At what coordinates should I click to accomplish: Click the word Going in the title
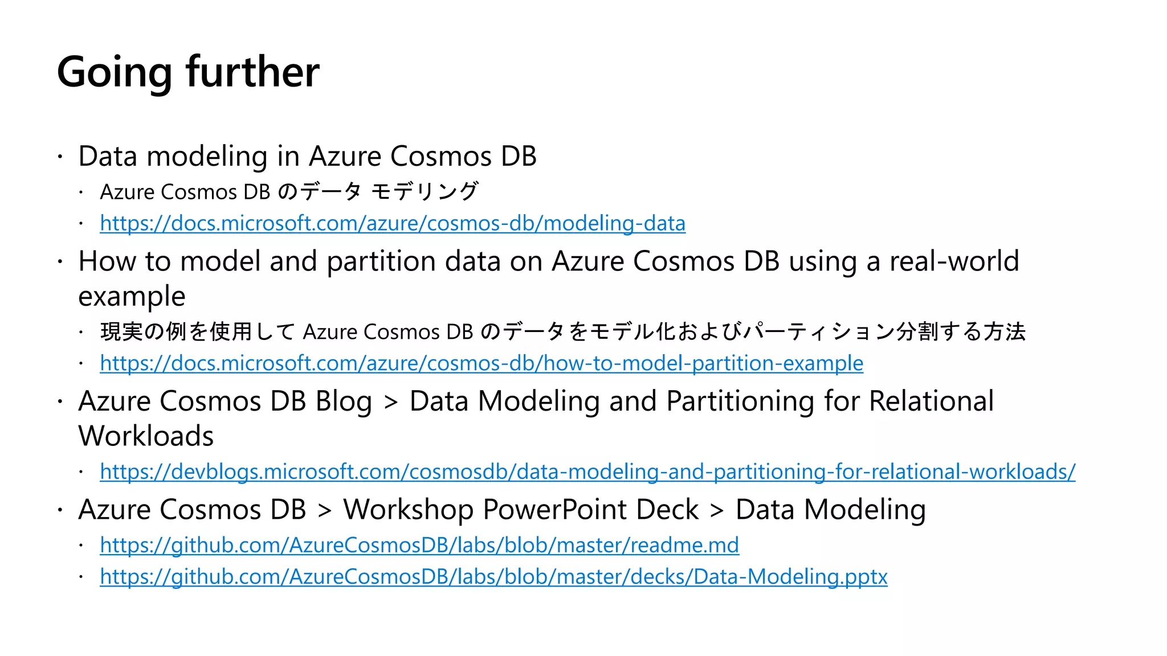(x=114, y=73)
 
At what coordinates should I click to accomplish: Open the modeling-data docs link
(x=393, y=223)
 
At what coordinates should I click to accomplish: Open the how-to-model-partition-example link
(x=482, y=363)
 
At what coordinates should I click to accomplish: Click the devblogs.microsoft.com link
(x=587, y=471)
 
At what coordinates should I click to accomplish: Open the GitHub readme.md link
(x=419, y=546)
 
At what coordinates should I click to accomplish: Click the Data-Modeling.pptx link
(x=493, y=577)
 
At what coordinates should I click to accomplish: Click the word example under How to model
(x=132, y=297)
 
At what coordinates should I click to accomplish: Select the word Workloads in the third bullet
(x=146, y=436)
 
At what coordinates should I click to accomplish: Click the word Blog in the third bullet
(x=344, y=401)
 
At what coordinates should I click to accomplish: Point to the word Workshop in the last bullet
(x=408, y=510)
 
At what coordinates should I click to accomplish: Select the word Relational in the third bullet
(x=931, y=401)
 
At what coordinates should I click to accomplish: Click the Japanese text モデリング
(x=425, y=192)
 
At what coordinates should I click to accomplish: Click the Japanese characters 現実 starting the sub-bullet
(x=121, y=331)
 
